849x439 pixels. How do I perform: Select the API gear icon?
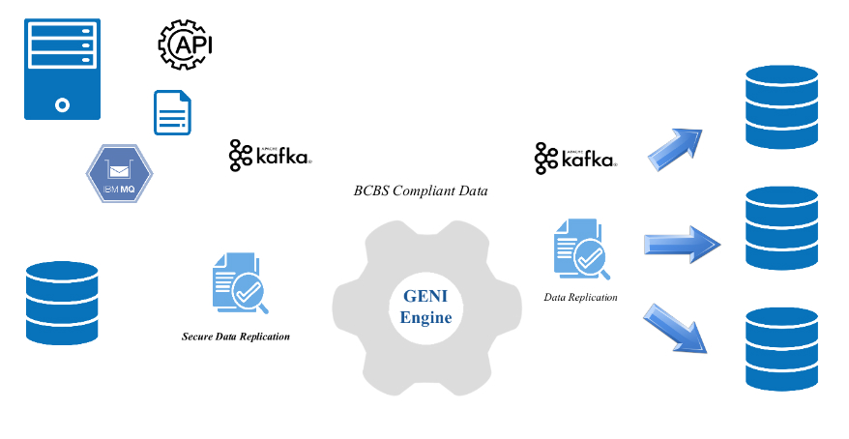pyautogui.click(x=185, y=44)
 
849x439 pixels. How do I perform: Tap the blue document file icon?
pyautogui.click(x=172, y=112)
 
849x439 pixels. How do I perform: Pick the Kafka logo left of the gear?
pyautogui.click(x=270, y=156)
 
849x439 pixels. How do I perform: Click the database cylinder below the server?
pyautogui.click(x=62, y=303)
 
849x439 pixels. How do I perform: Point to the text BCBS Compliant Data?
pyautogui.click(x=421, y=191)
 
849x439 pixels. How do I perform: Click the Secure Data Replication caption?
pyautogui.click(x=236, y=337)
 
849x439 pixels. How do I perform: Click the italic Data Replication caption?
pyautogui.click(x=580, y=297)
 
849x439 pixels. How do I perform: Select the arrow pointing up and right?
pyautogui.click(x=674, y=147)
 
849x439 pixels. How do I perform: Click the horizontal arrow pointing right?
pyautogui.click(x=682, y=244)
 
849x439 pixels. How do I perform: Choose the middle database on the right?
pyautogui.click(x=781, y=228)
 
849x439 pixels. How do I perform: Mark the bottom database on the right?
pyautogui.click(x=781, y=348)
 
